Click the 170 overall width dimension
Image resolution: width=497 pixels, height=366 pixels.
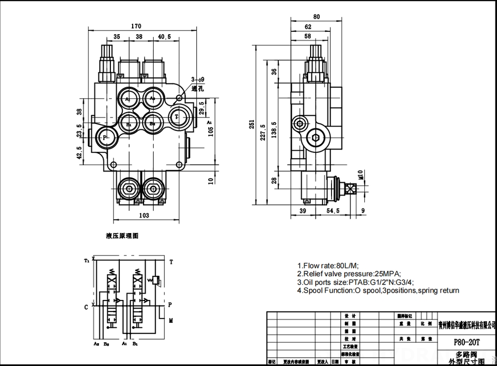pyautogui.click(x=136, y=26)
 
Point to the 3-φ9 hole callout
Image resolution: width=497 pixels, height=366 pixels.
pyautogui.click(x=198, y=79)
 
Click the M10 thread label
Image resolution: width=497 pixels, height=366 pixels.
pyautogui.click(x=360, y=175)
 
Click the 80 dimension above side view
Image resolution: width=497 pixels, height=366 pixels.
pyautogui.click(x=317, y=16)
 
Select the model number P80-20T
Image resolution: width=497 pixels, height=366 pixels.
pyautogui.click(x=466, y=342)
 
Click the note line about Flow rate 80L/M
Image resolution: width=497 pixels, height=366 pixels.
pyautogui.click(x=328, y=265)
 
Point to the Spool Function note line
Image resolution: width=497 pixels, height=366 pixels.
pyautogui.click(x=378, y=291)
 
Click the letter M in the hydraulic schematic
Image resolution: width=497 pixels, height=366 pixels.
pyautogui.click(x=171, y=321)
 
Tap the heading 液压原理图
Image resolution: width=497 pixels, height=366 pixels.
pyautogui.click(x=122, y=236)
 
